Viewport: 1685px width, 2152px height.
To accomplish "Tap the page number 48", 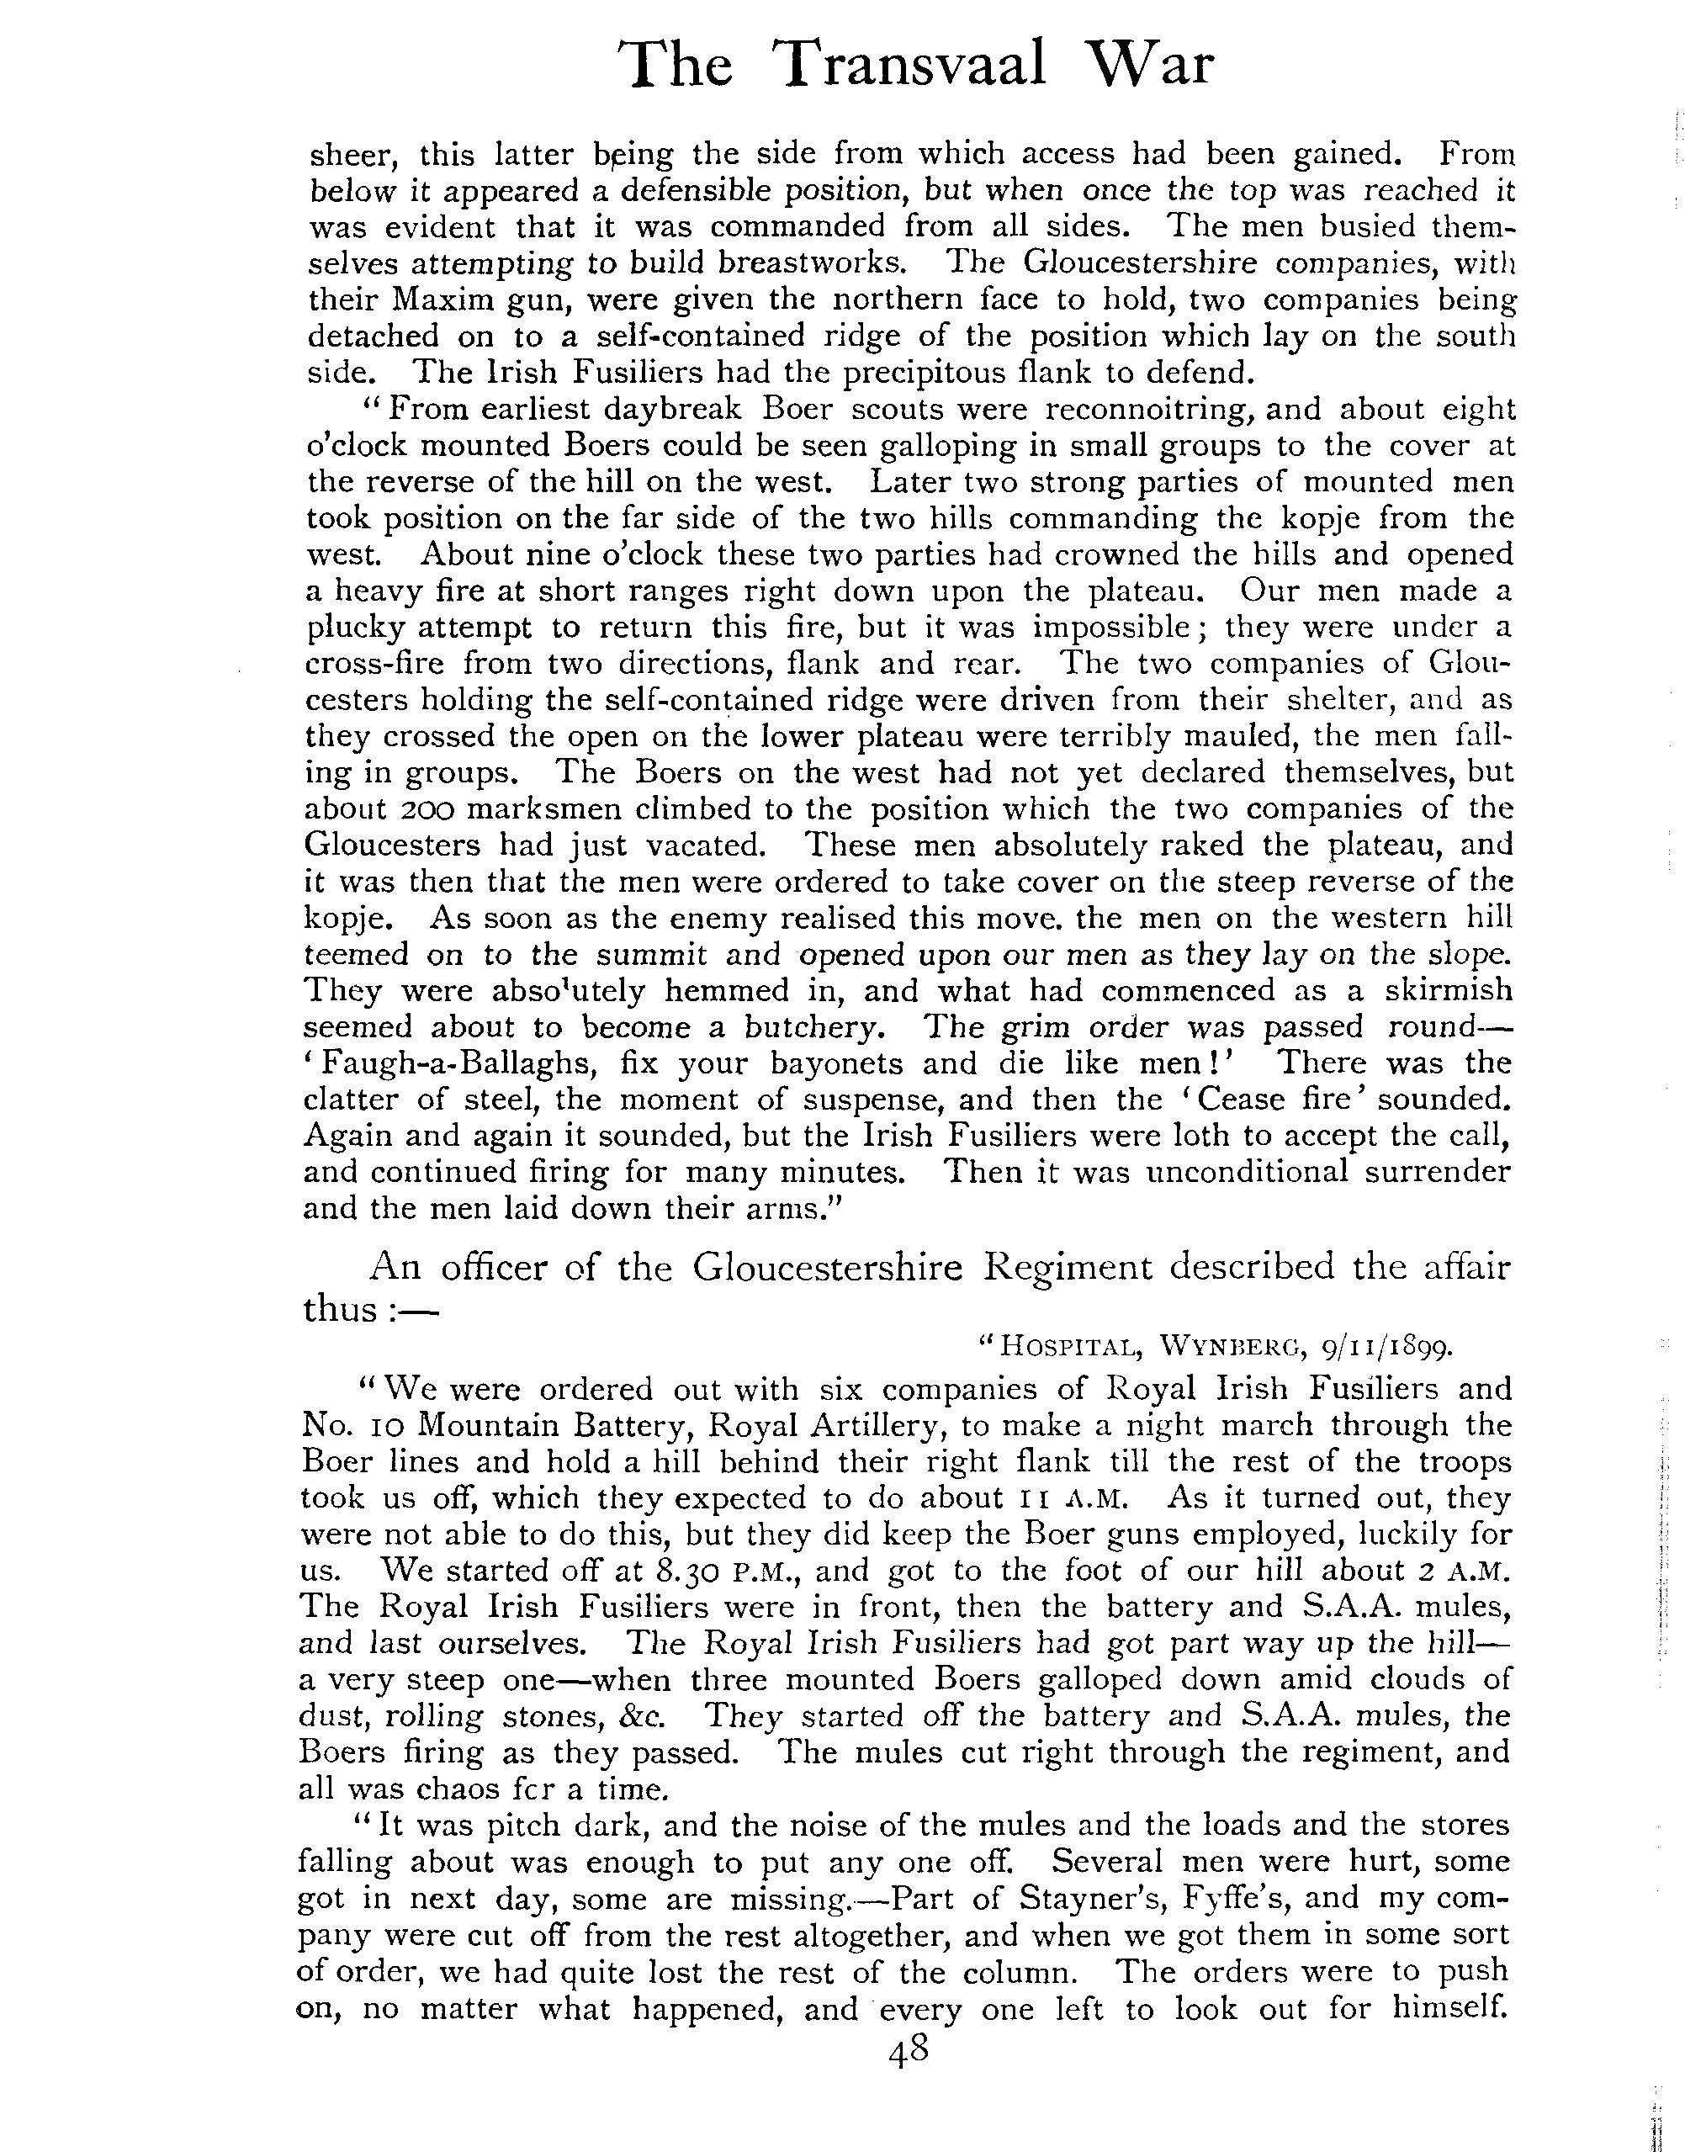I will [909, 2051].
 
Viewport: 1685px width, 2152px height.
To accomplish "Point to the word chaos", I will [444, 1789].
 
